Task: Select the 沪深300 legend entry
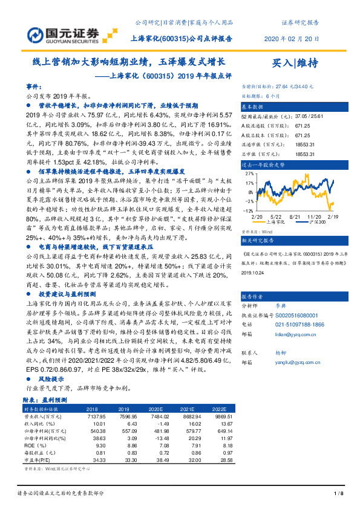click(x=318, y=222)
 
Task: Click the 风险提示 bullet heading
click(x=51, y=378)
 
